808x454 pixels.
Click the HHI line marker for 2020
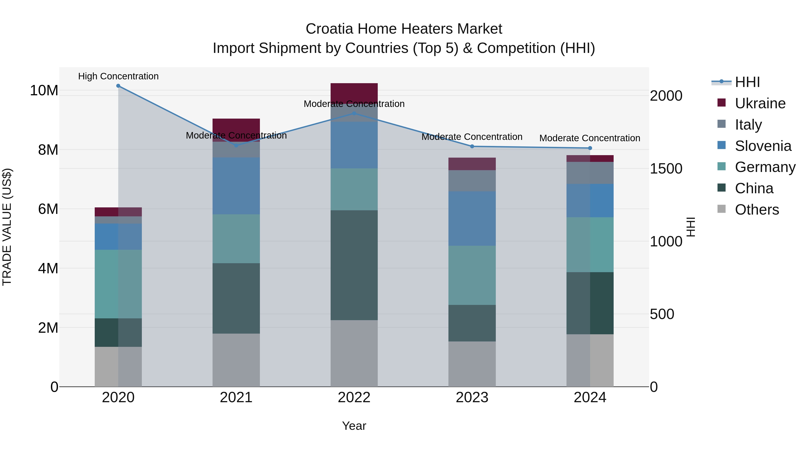[118, 86]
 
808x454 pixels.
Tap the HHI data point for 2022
[354, 113]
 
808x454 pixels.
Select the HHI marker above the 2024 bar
[590, 148]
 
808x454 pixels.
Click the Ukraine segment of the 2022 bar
[354, 93]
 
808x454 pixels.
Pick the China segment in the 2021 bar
[236, 298]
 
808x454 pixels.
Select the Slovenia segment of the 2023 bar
[472, 218]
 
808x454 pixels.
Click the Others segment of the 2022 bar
[354, 353]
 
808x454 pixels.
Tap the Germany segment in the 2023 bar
[472, 275]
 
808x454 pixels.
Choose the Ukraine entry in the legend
[760, 103]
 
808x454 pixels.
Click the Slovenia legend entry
[763, 146]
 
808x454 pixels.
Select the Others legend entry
[757, 210]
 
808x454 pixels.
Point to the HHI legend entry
[747, 82]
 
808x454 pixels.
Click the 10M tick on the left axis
[44, 91]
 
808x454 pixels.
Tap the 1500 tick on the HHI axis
[666, 169]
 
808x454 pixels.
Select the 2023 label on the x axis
[472, 398]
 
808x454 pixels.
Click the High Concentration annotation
[118, 76]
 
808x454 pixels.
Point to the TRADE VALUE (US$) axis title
[7, 227]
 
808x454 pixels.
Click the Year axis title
[354, 426]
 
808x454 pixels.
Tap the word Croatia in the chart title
[330, 29]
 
